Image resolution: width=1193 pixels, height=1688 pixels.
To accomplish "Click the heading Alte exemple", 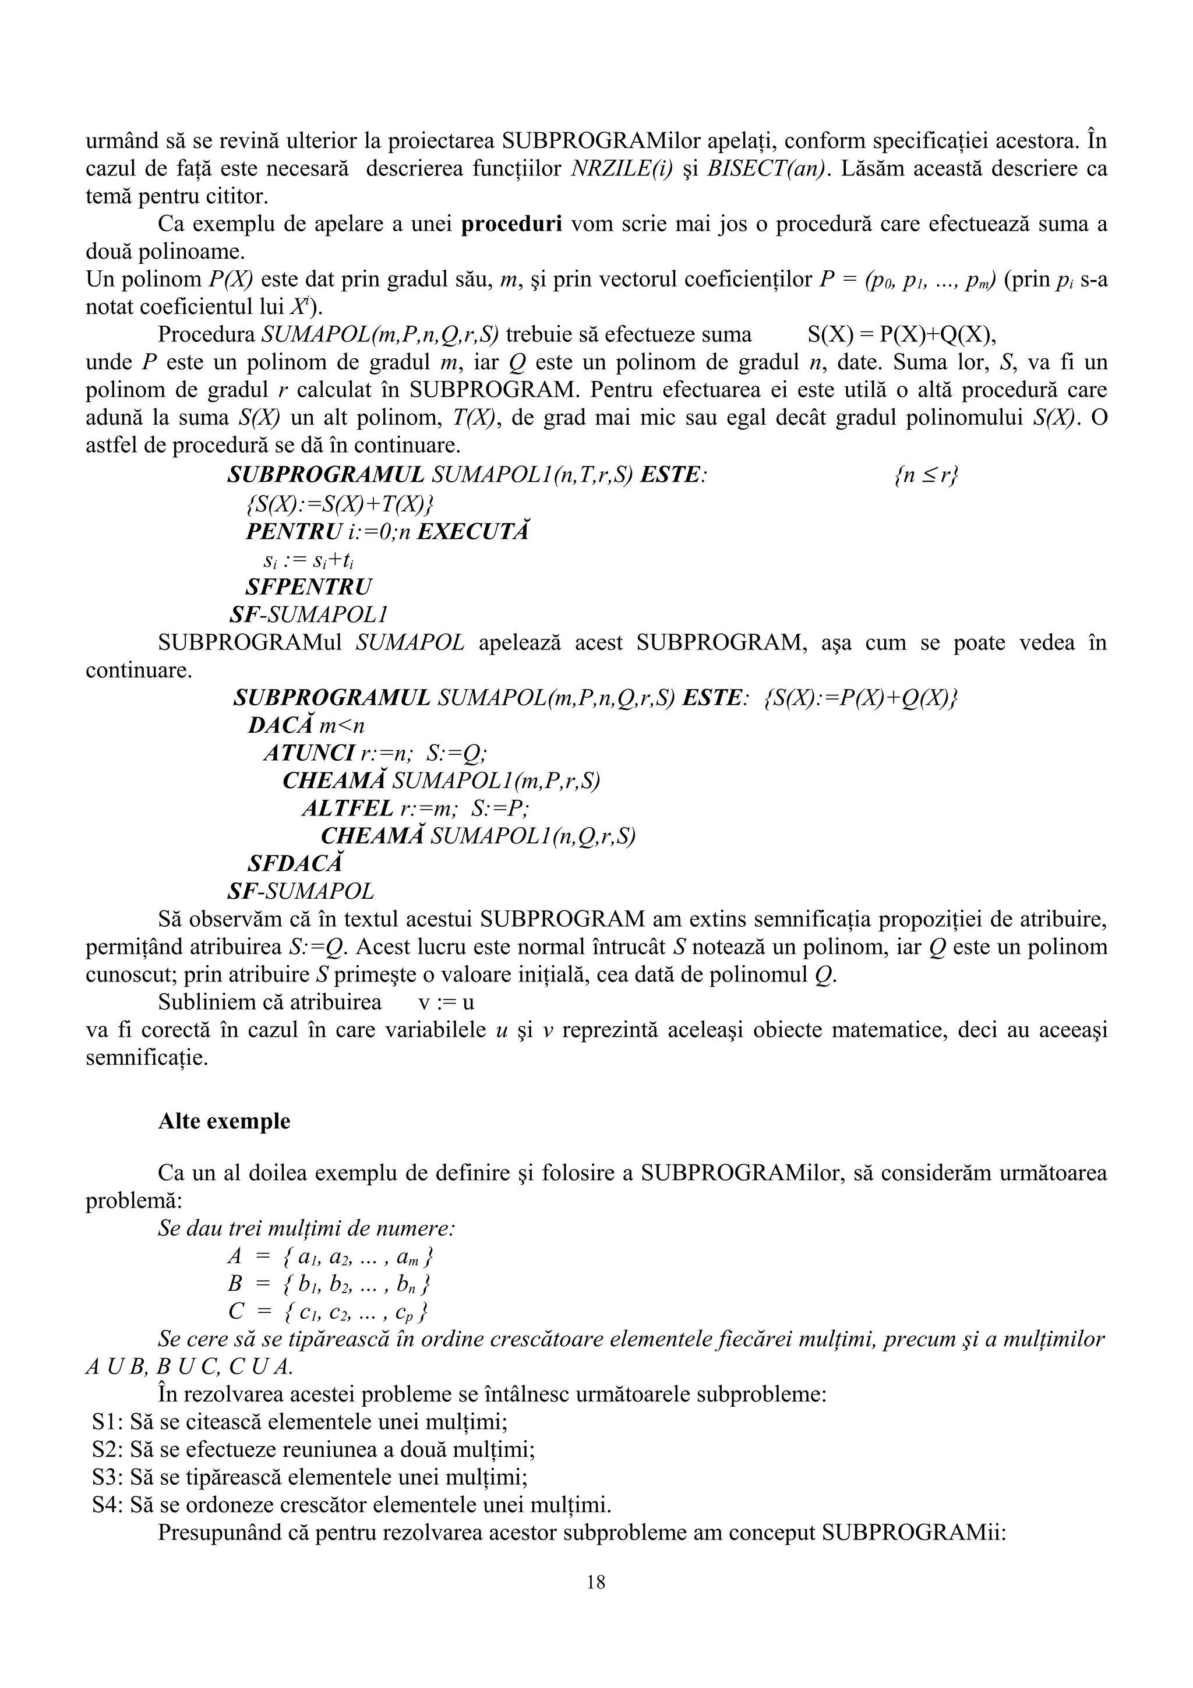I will click(x=224, y=1121).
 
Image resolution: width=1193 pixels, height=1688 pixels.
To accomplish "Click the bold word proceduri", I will click(x=511, y=224).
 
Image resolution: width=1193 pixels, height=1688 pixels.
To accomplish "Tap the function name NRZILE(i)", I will click(x=621, y=169).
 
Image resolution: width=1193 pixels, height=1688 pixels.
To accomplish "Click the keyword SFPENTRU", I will click(x=309, y=587).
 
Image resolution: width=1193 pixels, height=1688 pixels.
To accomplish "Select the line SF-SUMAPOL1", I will click(x=308, y=614).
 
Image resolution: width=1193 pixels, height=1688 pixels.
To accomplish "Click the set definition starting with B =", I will click(x=329, y=1284).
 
